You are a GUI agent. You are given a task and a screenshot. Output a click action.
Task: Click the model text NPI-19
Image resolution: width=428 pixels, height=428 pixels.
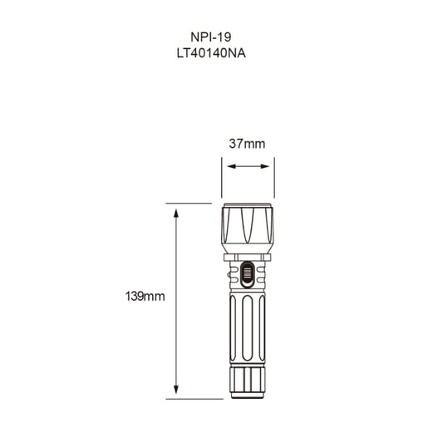click(214, 37)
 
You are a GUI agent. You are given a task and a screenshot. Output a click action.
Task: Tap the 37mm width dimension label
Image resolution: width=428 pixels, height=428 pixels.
click(247, 144)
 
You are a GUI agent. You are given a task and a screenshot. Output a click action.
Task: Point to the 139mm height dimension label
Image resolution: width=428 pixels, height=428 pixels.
click(145, 296)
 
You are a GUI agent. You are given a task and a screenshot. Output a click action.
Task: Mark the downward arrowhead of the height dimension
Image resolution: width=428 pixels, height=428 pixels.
click(176, 391)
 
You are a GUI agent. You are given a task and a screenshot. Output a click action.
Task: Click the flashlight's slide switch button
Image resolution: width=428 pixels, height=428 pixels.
click(247, 273)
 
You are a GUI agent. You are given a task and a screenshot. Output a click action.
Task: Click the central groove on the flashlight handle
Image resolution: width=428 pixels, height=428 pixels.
click(247, 328)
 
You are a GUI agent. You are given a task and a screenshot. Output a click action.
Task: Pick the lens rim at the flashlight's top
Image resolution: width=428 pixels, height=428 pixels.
click(247, 206)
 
